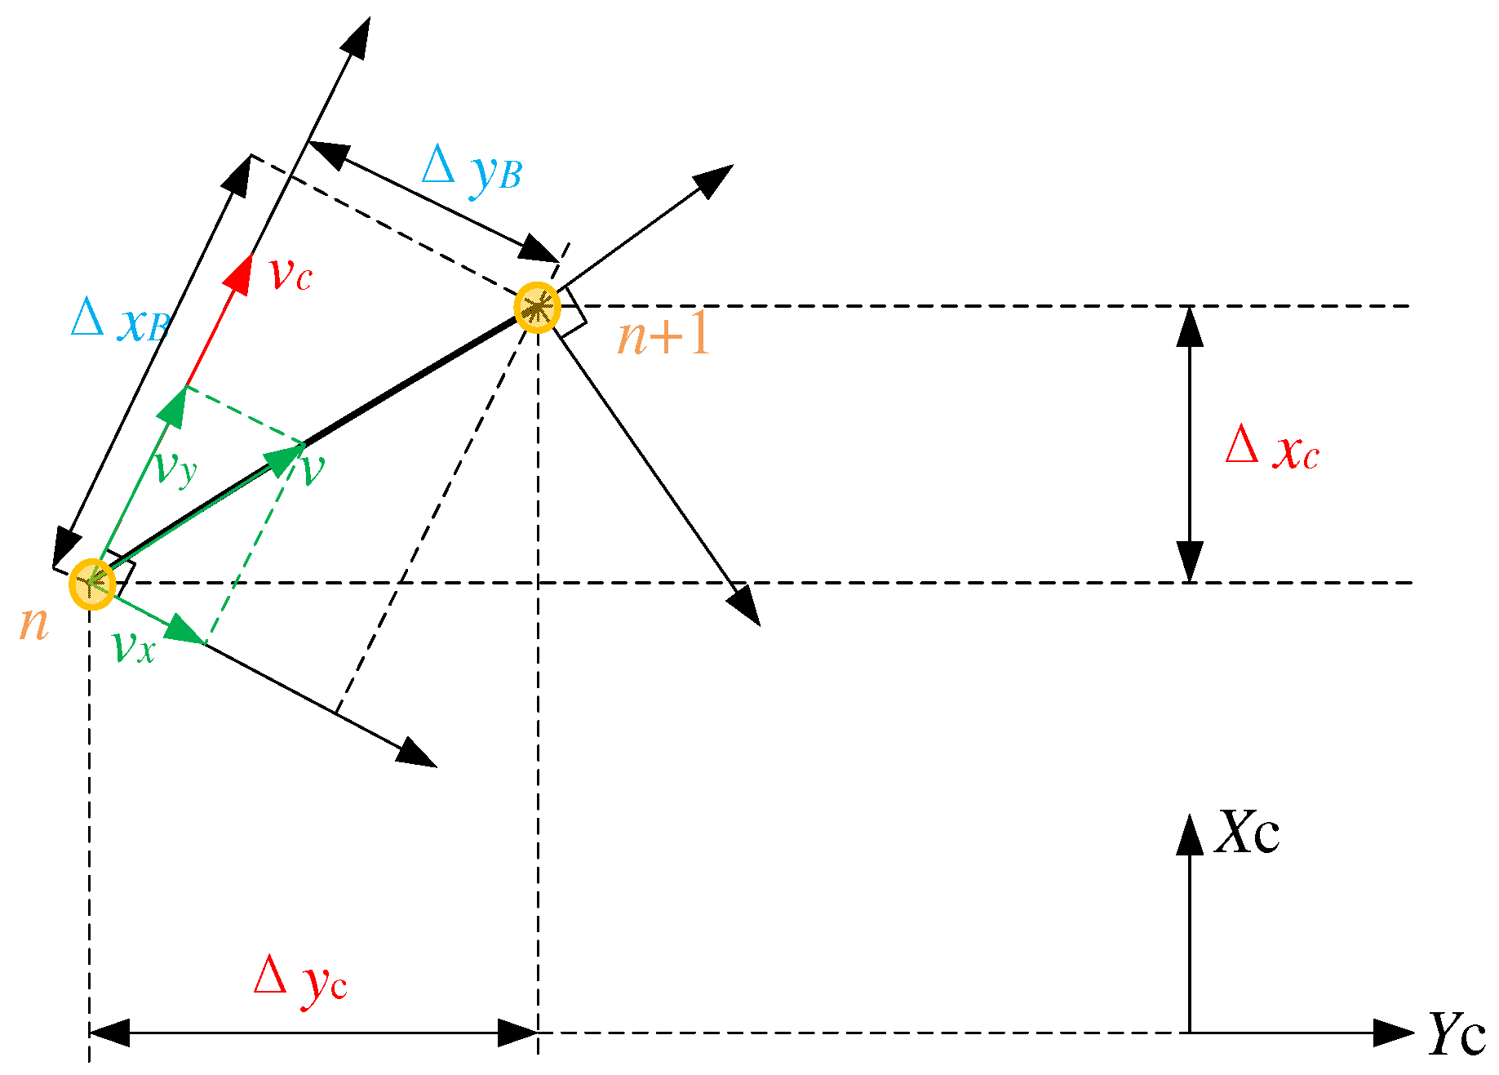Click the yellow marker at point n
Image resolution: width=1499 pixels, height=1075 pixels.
click(x=92, y=584)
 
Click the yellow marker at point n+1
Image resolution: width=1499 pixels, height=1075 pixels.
click(x=538, y=308)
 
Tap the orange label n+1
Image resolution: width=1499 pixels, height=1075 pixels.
click(x=664, y=335)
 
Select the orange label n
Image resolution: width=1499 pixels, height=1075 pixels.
click(x=34, y=624)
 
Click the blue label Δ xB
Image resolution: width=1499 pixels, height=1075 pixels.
click(x=121, y=320)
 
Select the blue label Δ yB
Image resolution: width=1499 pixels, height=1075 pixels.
click(x=472, y=170)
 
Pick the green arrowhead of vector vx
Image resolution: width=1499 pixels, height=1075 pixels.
click(x=187, y=634)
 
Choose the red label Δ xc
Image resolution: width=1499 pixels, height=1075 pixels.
click(x=1271, y=449)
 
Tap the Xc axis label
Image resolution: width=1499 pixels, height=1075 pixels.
click(x=1247, y=833)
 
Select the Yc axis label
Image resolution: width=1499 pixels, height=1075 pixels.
click(x=1456, y=1034)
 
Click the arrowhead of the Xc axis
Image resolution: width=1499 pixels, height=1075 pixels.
click(x=1190, y=834)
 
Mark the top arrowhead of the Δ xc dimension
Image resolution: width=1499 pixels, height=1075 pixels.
click(x=1190, y=326)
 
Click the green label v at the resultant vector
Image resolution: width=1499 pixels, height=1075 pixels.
click(x=313, y=469)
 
